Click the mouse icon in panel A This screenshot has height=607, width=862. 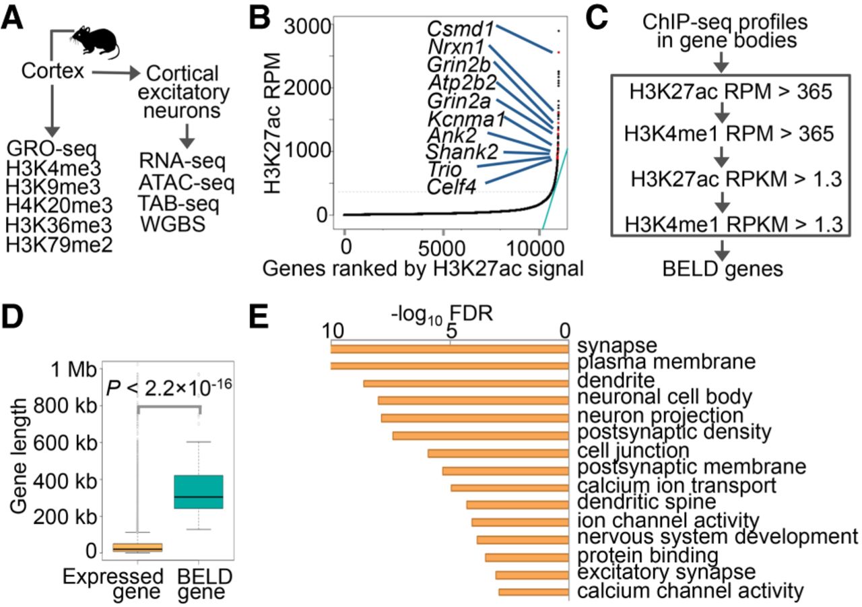click(x=98, y=42)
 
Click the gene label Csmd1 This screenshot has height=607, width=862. click(x=461, y=29)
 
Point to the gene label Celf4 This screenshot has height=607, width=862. click(x=451, y=187)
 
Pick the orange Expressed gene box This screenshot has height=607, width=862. click(x=137, y=547)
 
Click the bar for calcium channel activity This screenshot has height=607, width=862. click(x=533, y=592)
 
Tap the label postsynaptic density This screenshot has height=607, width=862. click(x=674, y=430)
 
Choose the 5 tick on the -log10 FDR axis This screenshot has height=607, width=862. click(x=451, y=331)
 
